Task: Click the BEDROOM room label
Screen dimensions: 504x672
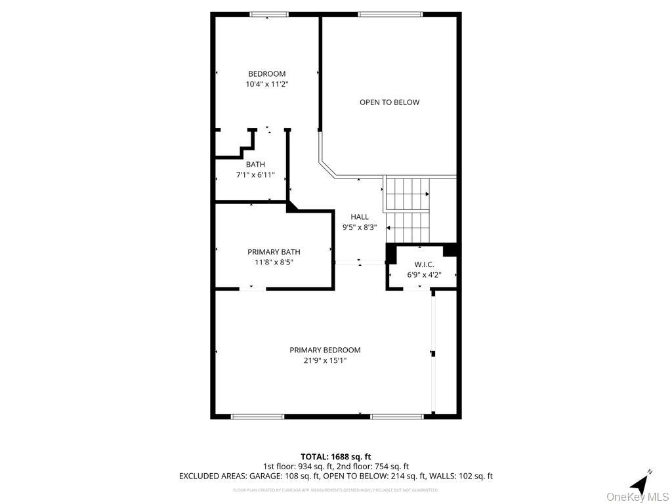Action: [x=266, y=74]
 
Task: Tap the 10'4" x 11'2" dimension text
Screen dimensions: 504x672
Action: [x=266, y=85]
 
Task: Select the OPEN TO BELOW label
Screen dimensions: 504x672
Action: [x=389, y=102]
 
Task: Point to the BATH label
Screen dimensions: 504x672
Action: [x=255, y=165]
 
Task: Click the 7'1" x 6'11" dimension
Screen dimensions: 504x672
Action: [x=255, y=175]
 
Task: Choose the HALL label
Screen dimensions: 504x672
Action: [x=359, y=217]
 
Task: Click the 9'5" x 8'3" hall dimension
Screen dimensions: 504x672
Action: [x=359, y=228]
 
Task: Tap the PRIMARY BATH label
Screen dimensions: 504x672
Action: [x=274, y=252]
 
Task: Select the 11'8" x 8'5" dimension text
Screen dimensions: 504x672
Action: [x=274, y=262]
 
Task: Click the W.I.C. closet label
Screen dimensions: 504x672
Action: [x=420, y=264]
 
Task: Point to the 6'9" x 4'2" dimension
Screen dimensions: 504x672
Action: [x=420, y=275]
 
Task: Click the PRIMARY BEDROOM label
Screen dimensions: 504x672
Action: [x=325, y=350]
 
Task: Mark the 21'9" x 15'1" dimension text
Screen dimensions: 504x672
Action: [x=325, y=360]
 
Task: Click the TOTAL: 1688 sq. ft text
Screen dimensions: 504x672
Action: [x=335, y=457]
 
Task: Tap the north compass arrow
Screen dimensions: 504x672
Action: [x=640, y=483]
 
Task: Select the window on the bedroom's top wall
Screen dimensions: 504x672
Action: [x=268, y=14]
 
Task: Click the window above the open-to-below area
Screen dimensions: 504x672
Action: [x=390, y=14]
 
